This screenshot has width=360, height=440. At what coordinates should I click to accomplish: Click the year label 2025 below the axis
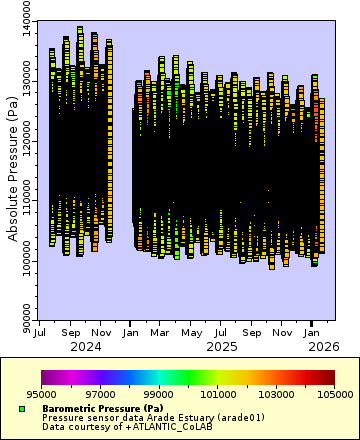pos(222,346)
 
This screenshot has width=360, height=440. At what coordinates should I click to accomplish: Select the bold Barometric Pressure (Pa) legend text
pos(103,408)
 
